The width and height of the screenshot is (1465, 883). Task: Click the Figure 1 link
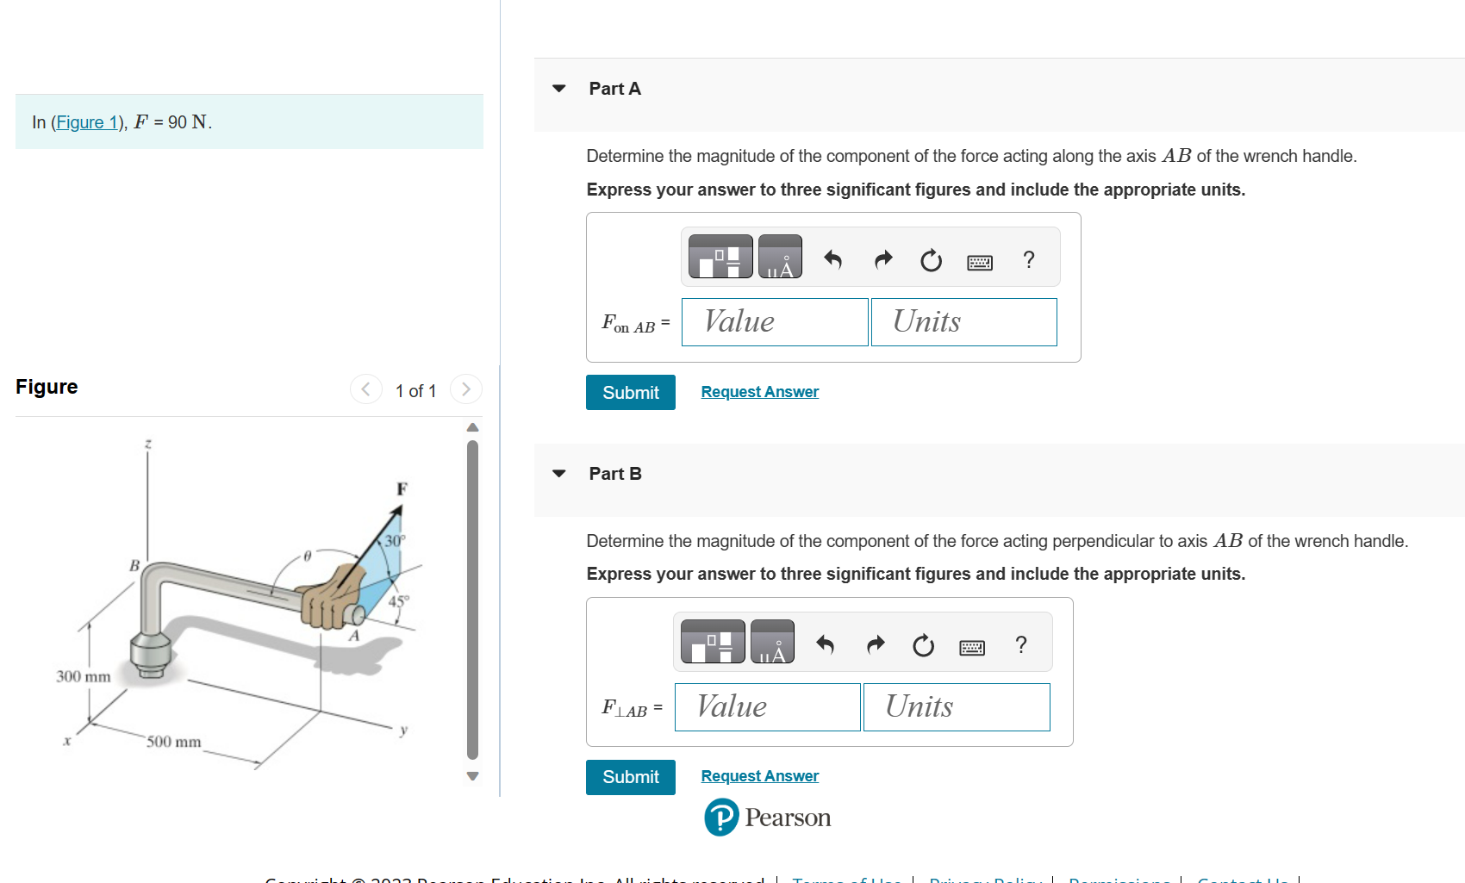pyautogui.click(x=86, y=122)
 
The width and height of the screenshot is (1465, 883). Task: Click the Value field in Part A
pyautogui.click(x=774, y=322)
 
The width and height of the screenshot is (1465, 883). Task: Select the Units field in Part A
pyautogui.click(x=963, y=322)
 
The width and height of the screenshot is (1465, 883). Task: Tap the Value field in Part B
pyautogui.click(x=767, y=707)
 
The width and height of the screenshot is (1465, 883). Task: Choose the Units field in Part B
pyautogui.click(x=957, y=707)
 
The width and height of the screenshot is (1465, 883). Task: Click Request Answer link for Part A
pyautogui.click(x=759, y=392)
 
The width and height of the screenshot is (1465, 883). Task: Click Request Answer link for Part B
pyautogui.click(x=759, y=776)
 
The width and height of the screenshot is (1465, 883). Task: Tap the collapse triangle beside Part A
pyautogui.click(x=559, y=89)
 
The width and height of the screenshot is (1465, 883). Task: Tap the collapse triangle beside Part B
pyautogui.click(x=559, y=474)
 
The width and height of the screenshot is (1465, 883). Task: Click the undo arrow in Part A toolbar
pyautogui.click(x=832, y=259)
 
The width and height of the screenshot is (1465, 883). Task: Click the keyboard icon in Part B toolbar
pyautogui.click(x=972, y=647)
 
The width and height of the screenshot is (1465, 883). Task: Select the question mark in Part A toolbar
pyautogui.click(x=1028, y=259)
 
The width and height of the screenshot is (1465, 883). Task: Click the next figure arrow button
pyautogui.click(x=466, y=389)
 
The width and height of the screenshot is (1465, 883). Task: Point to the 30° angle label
pyautogui.click(x=394, y=541)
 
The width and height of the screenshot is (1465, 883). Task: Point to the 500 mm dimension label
pyautogui.click(x=173, y=742)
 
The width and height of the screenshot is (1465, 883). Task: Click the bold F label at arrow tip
pyautogui.click(x=402, y=489)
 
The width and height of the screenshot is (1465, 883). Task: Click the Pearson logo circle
pyautogui.click(x=721, y=818)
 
